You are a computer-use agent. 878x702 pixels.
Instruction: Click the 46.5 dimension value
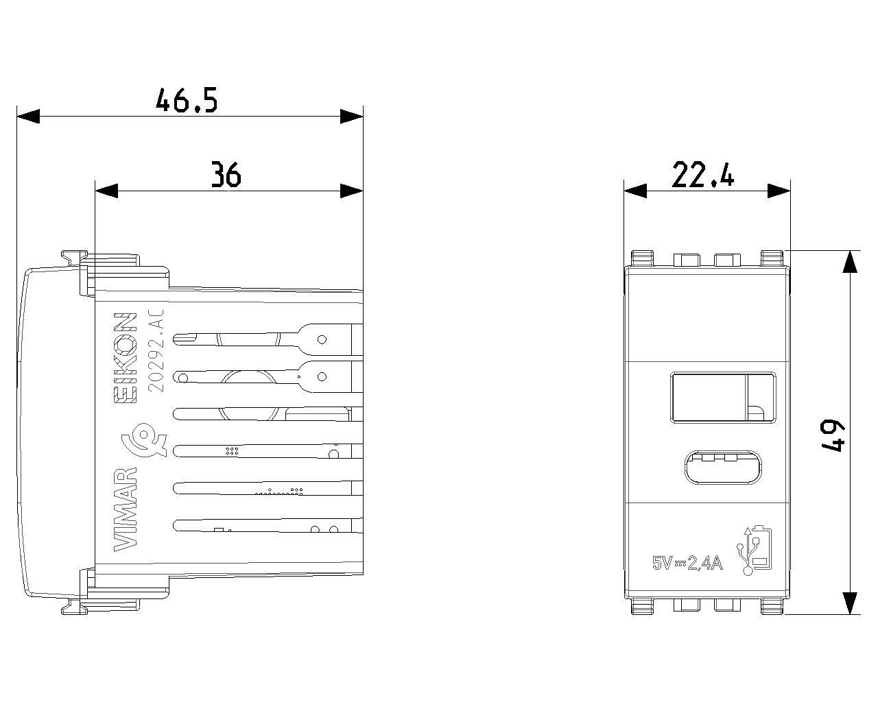[187, 100]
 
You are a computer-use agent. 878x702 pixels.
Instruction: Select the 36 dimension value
[226, 175]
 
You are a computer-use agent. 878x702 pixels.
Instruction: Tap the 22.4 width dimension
[702, 175]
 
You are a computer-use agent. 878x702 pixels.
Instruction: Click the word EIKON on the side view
[125, 359]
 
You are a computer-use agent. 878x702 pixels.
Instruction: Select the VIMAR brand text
[125, 509]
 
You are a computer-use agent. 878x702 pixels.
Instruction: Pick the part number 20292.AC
[156, 351]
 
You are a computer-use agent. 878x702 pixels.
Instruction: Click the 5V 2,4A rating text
[687, 563]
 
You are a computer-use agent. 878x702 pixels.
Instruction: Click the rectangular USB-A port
[723, 398]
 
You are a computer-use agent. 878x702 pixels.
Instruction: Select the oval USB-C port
[723, 468]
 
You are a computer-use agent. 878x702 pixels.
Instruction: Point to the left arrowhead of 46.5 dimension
[28, 117]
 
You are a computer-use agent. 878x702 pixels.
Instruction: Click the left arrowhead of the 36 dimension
[106, 191]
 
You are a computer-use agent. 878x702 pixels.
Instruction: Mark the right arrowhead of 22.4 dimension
[779, 191]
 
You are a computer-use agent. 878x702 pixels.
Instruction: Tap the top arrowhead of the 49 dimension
[849, 261]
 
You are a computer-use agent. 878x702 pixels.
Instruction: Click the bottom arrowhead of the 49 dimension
[849, 603]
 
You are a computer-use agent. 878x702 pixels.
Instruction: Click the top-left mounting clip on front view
[642, 258]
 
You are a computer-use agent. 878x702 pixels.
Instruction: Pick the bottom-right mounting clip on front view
[772, 606]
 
